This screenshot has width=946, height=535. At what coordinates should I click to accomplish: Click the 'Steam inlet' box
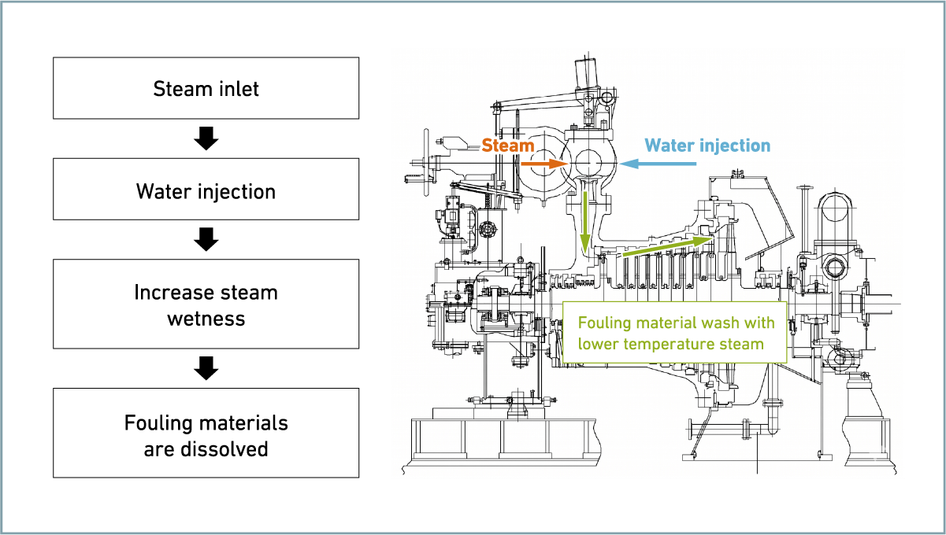(206, 88)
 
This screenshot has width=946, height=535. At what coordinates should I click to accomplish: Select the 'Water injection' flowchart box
(206, 189)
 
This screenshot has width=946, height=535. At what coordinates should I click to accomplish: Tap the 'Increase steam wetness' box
(206, 304)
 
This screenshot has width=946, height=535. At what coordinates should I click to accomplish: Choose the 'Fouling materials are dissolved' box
(206, 433)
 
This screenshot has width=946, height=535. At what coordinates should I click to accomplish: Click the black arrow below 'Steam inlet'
(206, 138)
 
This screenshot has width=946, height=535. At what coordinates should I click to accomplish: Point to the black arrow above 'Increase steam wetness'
(206, 239)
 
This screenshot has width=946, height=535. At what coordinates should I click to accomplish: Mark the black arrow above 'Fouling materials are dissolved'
(206, 368)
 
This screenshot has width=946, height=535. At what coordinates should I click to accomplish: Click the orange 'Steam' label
(508, 146)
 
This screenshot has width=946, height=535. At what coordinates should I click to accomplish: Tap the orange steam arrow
(544, 164)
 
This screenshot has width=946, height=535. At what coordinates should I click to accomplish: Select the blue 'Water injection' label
(707, 146)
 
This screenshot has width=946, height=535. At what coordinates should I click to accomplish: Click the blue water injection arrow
(658, 164)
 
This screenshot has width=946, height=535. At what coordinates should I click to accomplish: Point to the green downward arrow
(585, 223)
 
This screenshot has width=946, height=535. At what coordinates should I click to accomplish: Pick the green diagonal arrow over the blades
(668, 246)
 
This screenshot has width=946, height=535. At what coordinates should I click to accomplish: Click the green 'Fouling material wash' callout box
(675, 333)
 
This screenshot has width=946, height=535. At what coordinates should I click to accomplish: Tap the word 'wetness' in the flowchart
(206, 319)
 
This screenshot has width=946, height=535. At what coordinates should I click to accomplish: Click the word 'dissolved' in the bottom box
(224, 448)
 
